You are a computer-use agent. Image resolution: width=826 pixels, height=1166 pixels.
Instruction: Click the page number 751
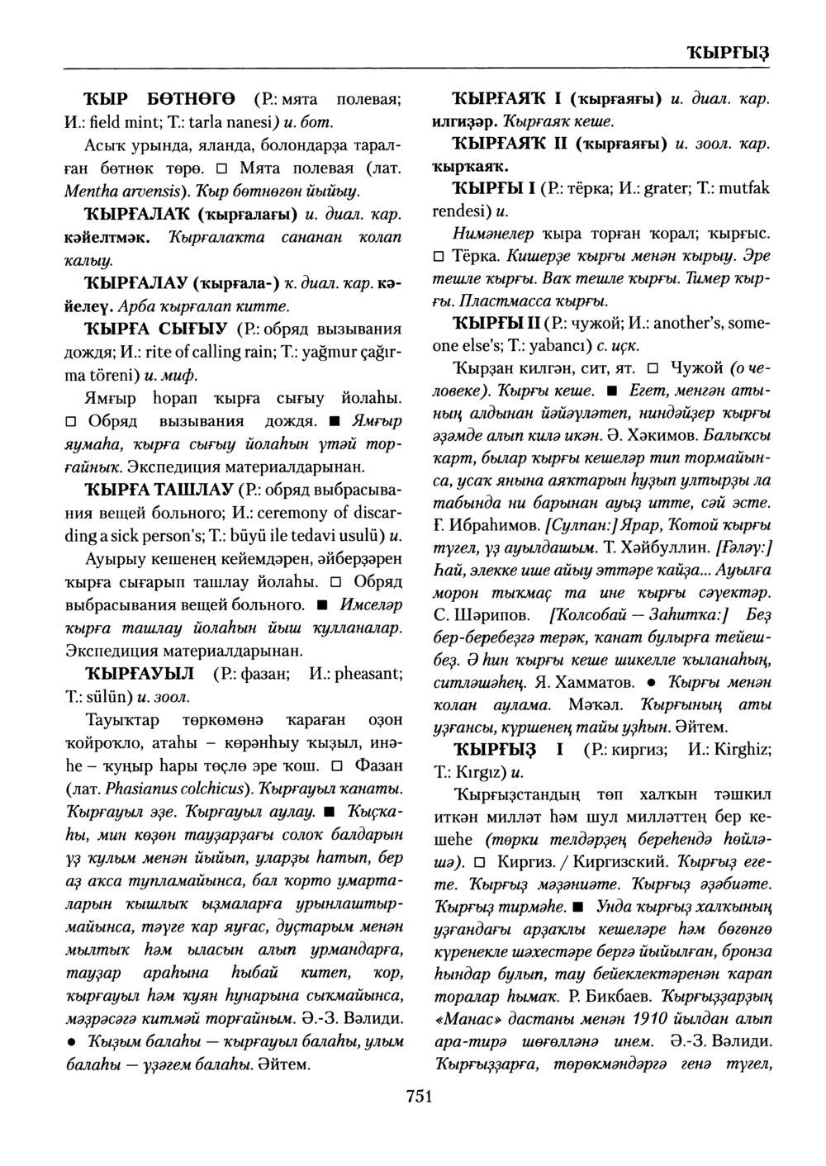(x=419, y=1097)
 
